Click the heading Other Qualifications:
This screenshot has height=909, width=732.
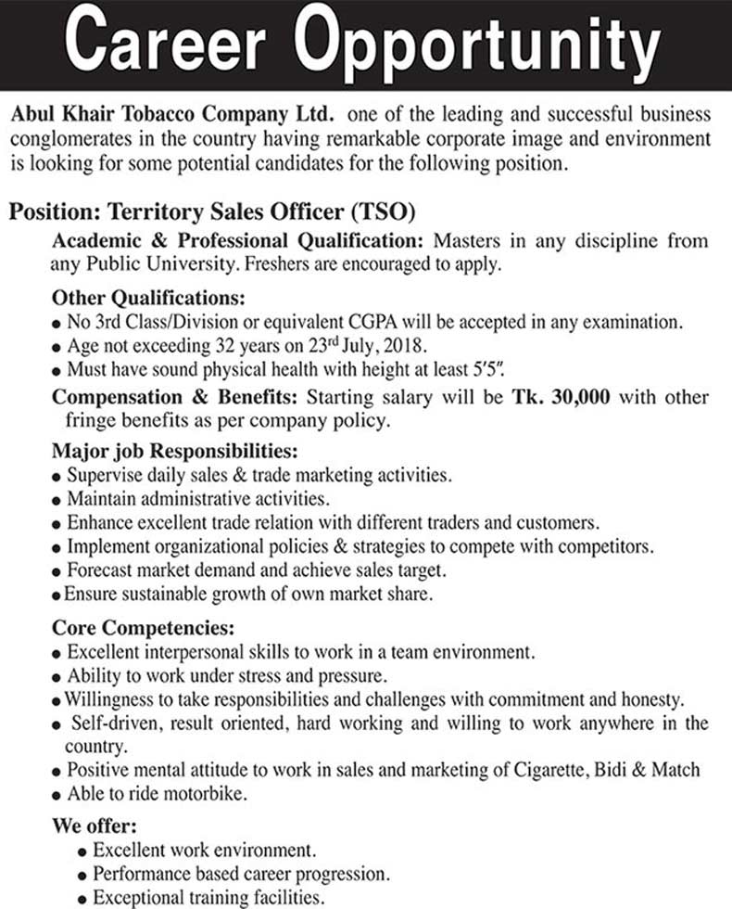click(x=148, y=300)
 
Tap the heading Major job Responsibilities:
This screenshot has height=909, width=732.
click(x=175, y=453)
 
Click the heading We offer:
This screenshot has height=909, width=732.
click(x=95, y=825)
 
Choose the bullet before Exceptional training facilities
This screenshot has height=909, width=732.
click(x=83, y=899)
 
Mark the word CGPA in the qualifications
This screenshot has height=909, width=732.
click(x=372, y=323)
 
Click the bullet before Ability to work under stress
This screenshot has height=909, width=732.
click(x=58, y=676)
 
